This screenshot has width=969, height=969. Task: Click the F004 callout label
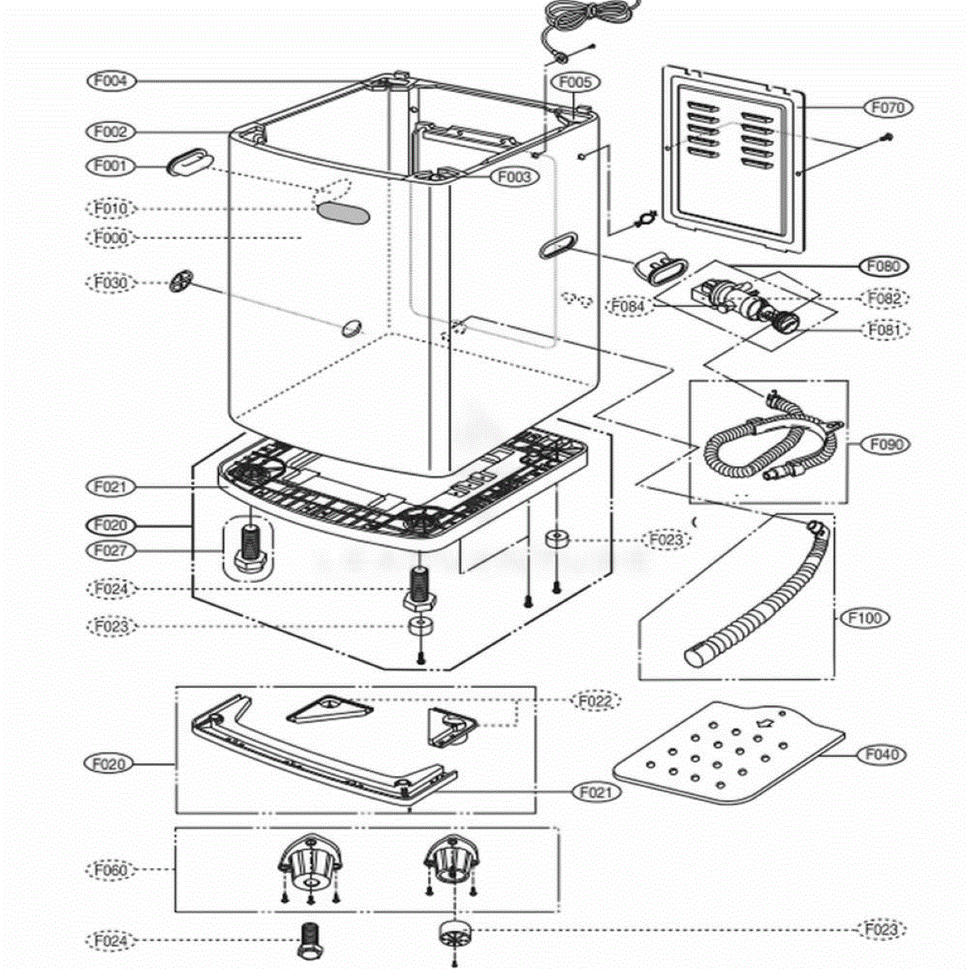coord(111,81)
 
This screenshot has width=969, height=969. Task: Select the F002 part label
coord(111,132)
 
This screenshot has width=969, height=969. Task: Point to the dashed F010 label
coord(111,208)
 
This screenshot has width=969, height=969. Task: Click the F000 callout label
coord(111,237)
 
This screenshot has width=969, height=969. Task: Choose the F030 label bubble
coord(111,283)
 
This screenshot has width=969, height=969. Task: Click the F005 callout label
coord(575,82)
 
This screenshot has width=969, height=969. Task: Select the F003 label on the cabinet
coord(514,177)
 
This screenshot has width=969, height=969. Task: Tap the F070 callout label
coord(888,107)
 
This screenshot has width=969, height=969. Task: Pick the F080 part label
coord(883,266)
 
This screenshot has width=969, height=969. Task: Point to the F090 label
coord(886,444)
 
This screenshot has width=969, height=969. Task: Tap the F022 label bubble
coord(597,700)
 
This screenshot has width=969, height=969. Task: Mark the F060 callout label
coord(110,870)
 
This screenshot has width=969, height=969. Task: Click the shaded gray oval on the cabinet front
coord(342,213)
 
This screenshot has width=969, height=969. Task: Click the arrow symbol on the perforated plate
coord(766,723)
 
